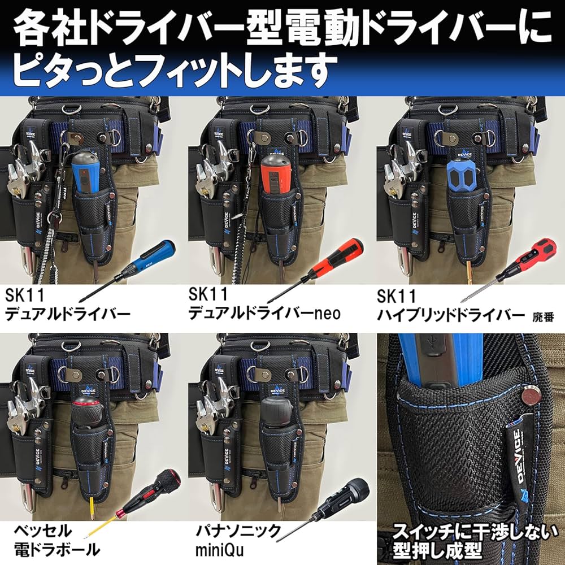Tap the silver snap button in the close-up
coord(531,395)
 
